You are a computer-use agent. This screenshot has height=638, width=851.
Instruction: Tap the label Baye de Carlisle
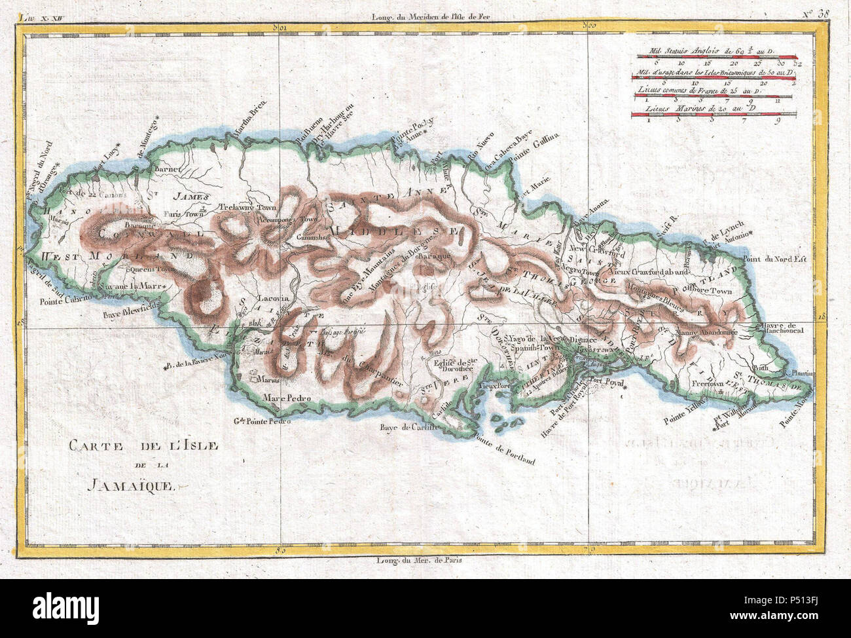[408, 429]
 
